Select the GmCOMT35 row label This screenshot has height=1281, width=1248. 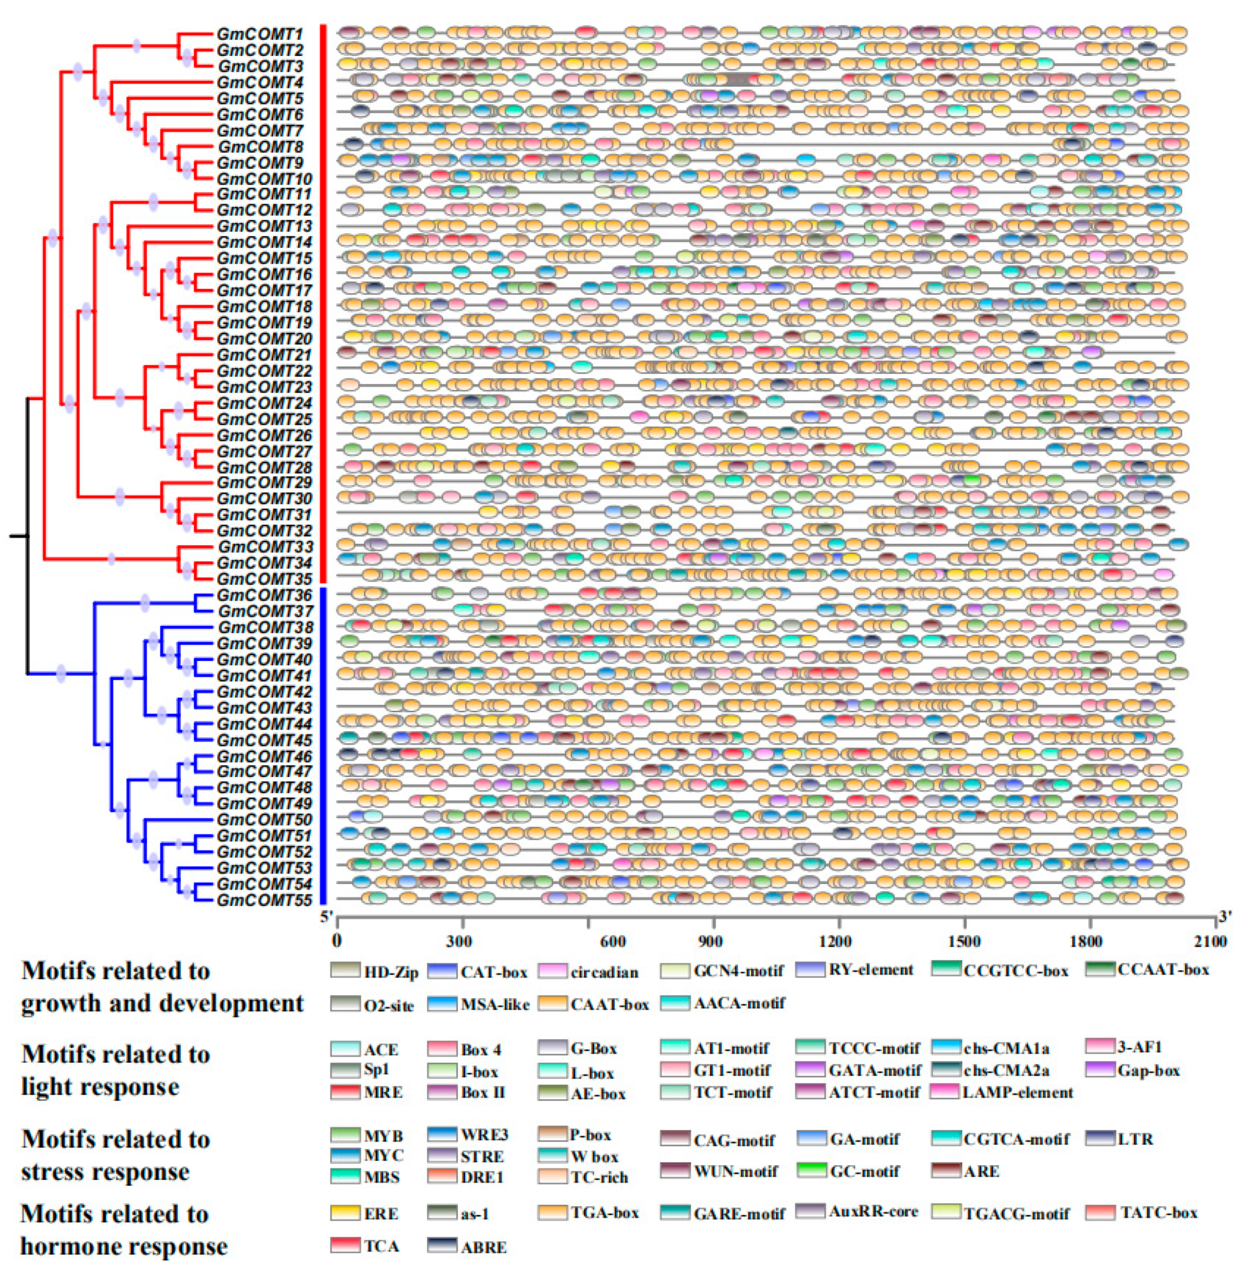click(264, 579)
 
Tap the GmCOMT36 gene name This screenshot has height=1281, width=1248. click(264, 595)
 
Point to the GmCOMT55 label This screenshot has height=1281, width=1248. click(264, 899)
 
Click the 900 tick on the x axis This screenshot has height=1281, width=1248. click(713, 941)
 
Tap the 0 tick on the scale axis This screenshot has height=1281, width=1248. click(337, 941)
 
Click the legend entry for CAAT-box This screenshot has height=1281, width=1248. click(594, 1004)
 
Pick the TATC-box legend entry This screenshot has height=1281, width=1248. click(1141, 1213)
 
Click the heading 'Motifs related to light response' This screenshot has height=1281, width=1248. click(116, 1071)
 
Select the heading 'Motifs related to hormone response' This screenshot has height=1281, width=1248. click(124, 1230)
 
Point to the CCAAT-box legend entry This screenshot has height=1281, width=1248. click(1147, 970)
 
